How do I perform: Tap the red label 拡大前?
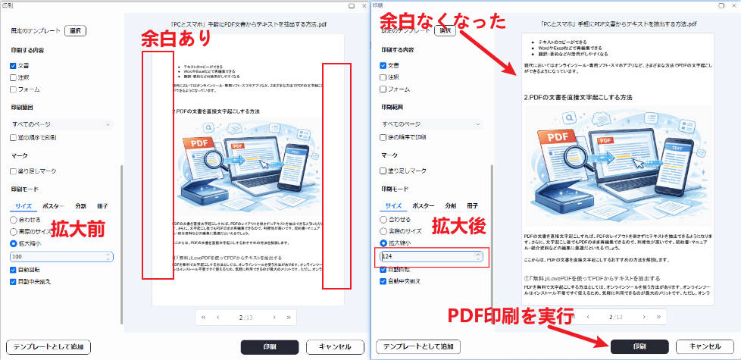point(77,227)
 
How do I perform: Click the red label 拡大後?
point(456,226)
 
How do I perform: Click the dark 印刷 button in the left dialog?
point(270,346)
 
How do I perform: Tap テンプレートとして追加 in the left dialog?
point(49,346)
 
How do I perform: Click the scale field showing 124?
point(429,257)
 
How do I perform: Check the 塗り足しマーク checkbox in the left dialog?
point(14,171)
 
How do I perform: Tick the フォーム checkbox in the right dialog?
point(384,89)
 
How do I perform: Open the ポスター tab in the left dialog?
point(54,206)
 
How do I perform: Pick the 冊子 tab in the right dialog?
point(472,205)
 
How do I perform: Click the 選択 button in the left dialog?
point(76,31)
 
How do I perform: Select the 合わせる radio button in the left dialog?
point(14,219)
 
